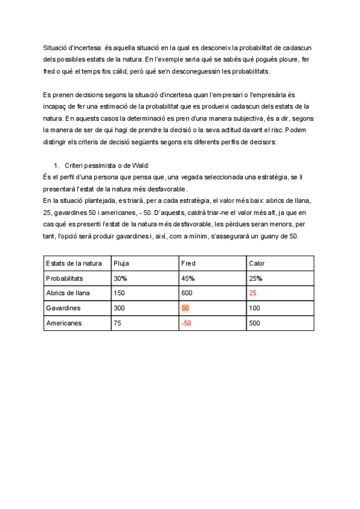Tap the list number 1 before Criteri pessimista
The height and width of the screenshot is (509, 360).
click(x=56, y=165)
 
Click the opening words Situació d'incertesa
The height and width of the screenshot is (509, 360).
click(x=69, y=47)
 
